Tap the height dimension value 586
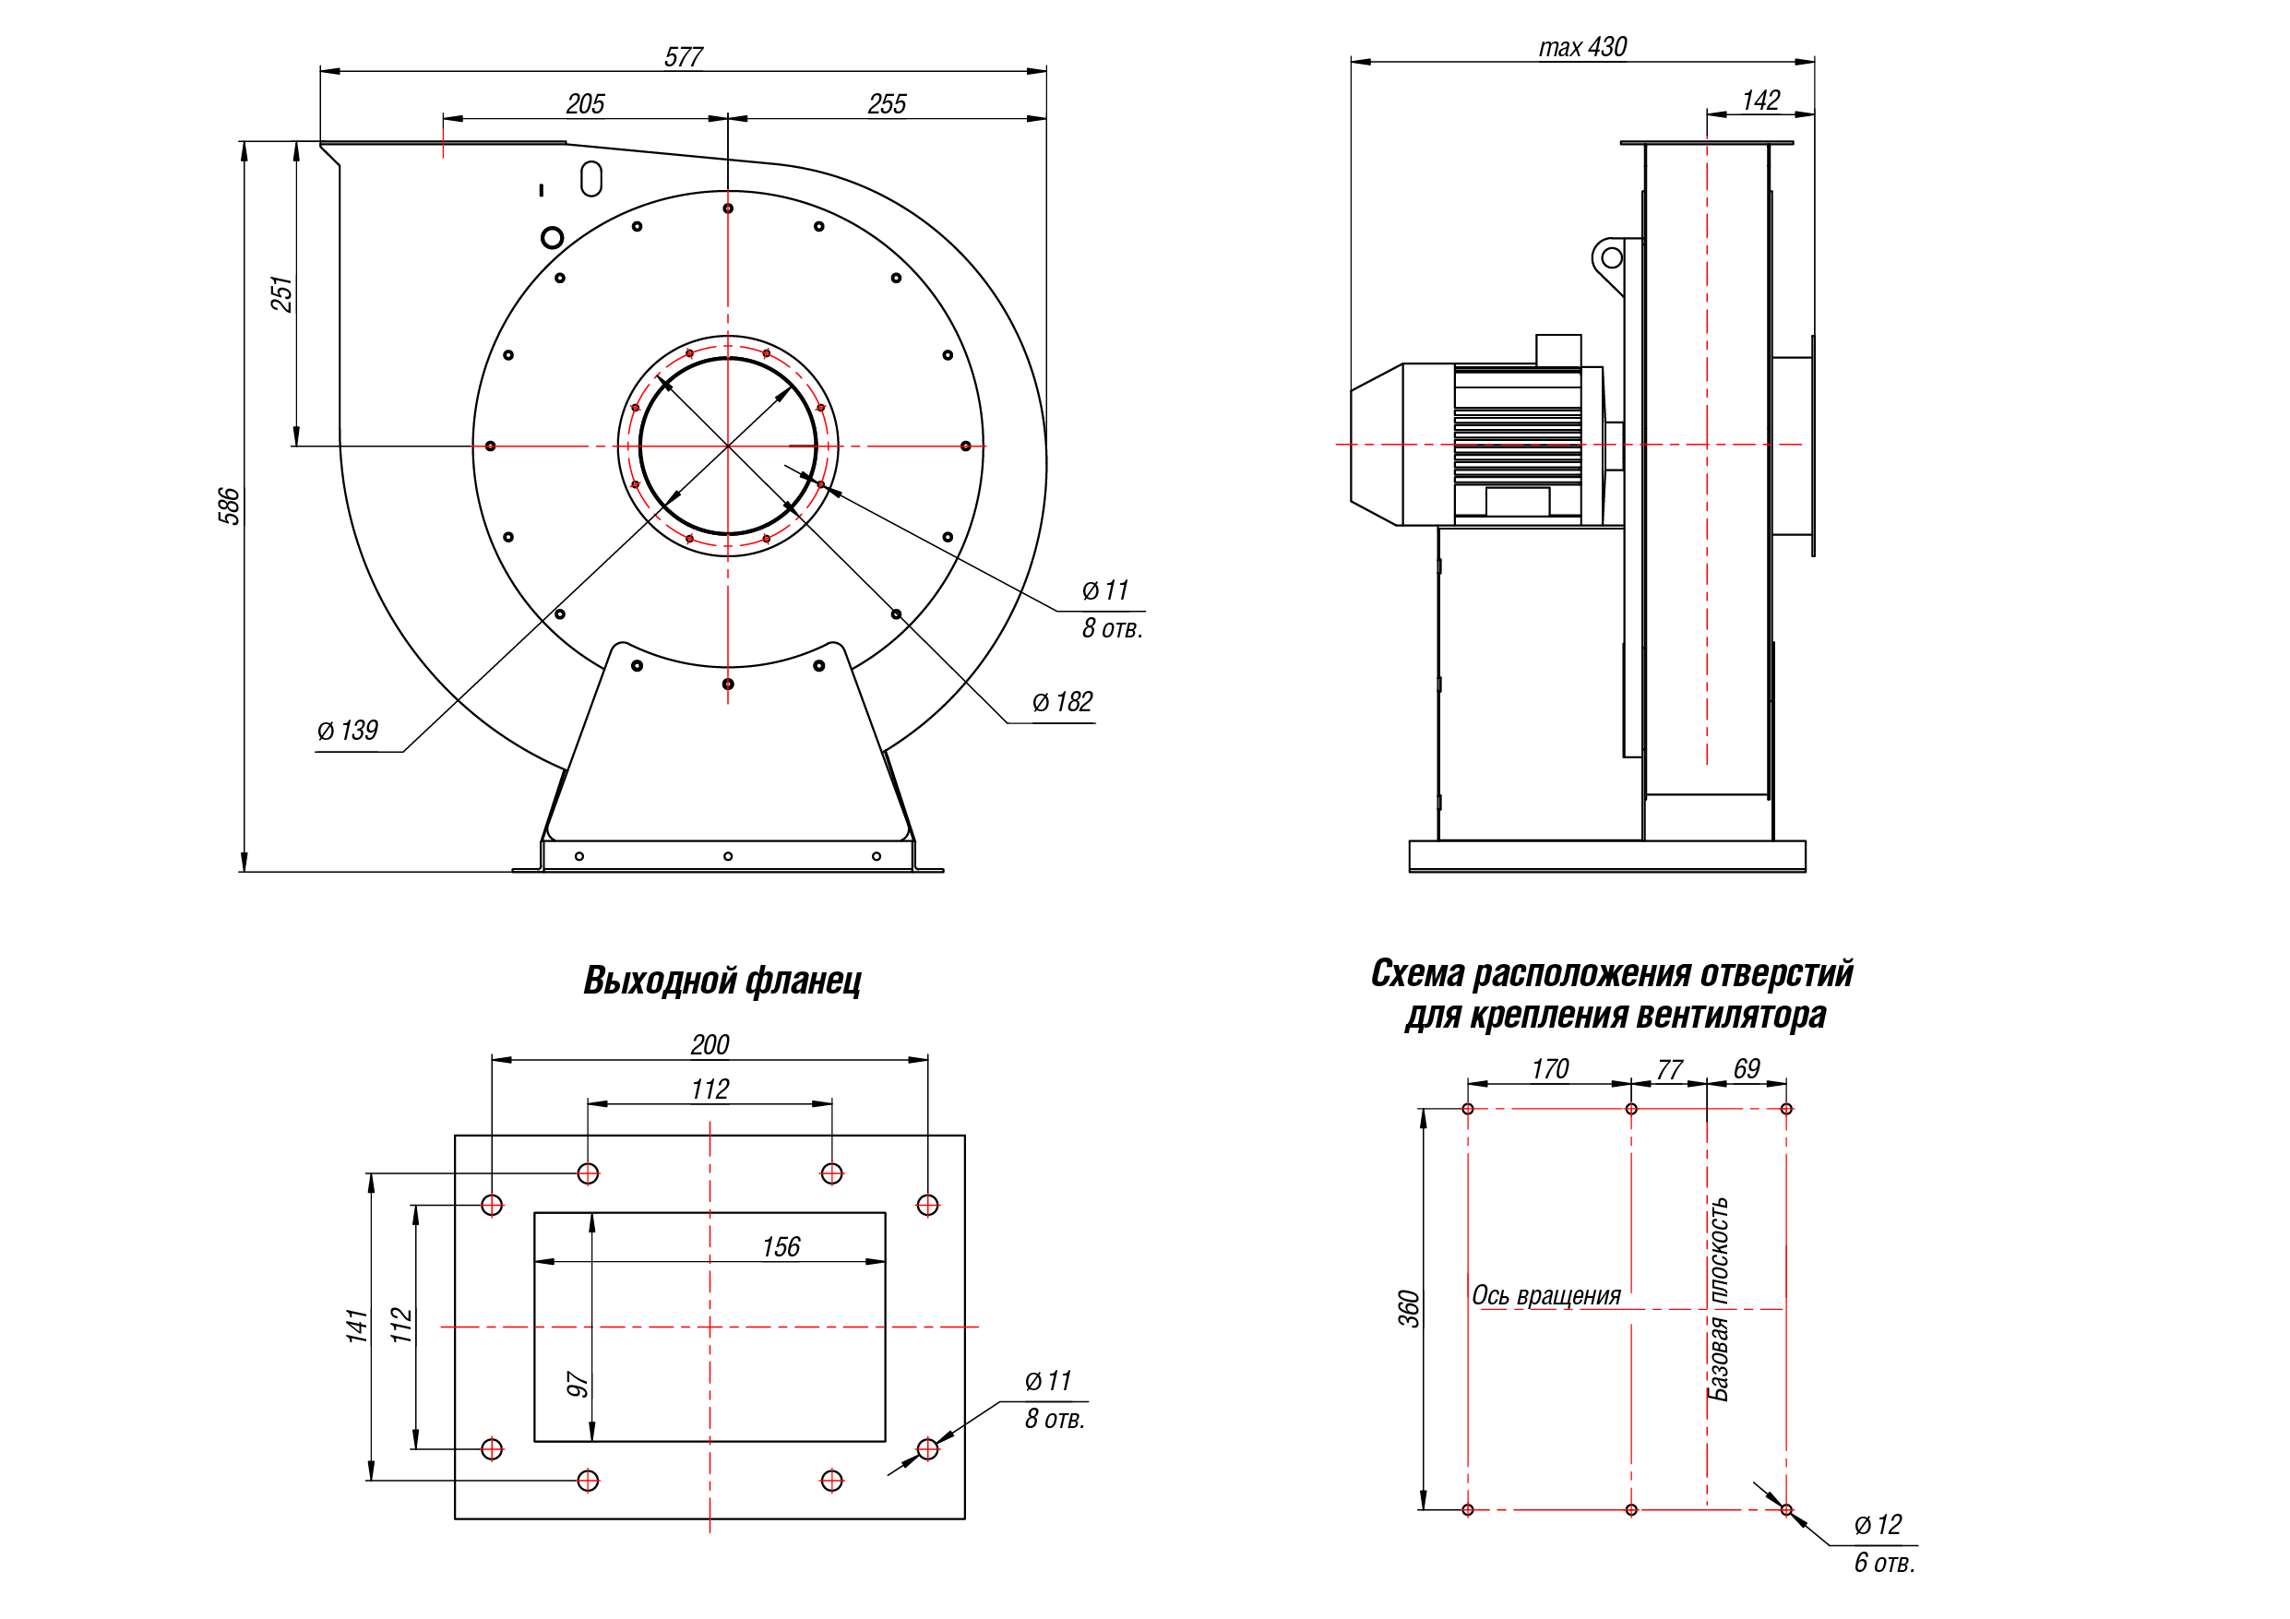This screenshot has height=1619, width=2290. (230, 506)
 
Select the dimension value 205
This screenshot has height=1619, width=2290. (586, 103)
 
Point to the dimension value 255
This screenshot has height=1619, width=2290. (887, 103)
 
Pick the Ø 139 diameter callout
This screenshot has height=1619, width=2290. (347, 731)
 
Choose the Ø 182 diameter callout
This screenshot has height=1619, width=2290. (1062, 702)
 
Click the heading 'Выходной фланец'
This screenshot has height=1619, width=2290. (722, 981)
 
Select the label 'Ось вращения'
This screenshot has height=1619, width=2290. (1546, 1295)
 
